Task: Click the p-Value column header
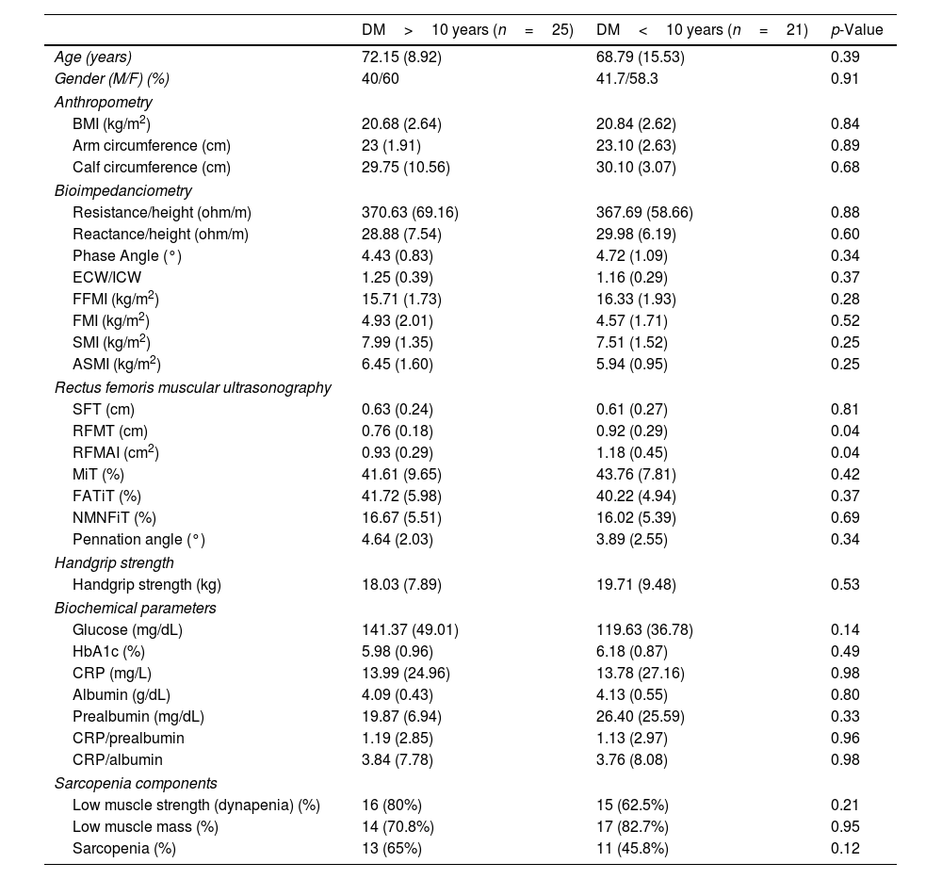pyautogui.click(x=856, y=30)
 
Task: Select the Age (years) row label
pyautogui.click(x=93, y=57)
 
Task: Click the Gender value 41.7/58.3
pyautogui.click(x=627, y=79)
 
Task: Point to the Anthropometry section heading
pyautogui.click(x=104, y=102)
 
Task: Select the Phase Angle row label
pyautogui.click(x=126, y=255)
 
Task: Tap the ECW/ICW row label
pyautogui.click(x=106, y=278)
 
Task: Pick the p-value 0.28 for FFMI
pyautogui.click(x=845, y=300)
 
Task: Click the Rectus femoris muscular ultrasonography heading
pyautogui.click(x=193, y=387)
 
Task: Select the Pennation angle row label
pyautogui.click(x=138, y=540)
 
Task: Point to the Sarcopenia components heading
pyautogui.click(x=136, y=783)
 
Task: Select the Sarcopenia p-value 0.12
pyautogui.click(x=845, y=848)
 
